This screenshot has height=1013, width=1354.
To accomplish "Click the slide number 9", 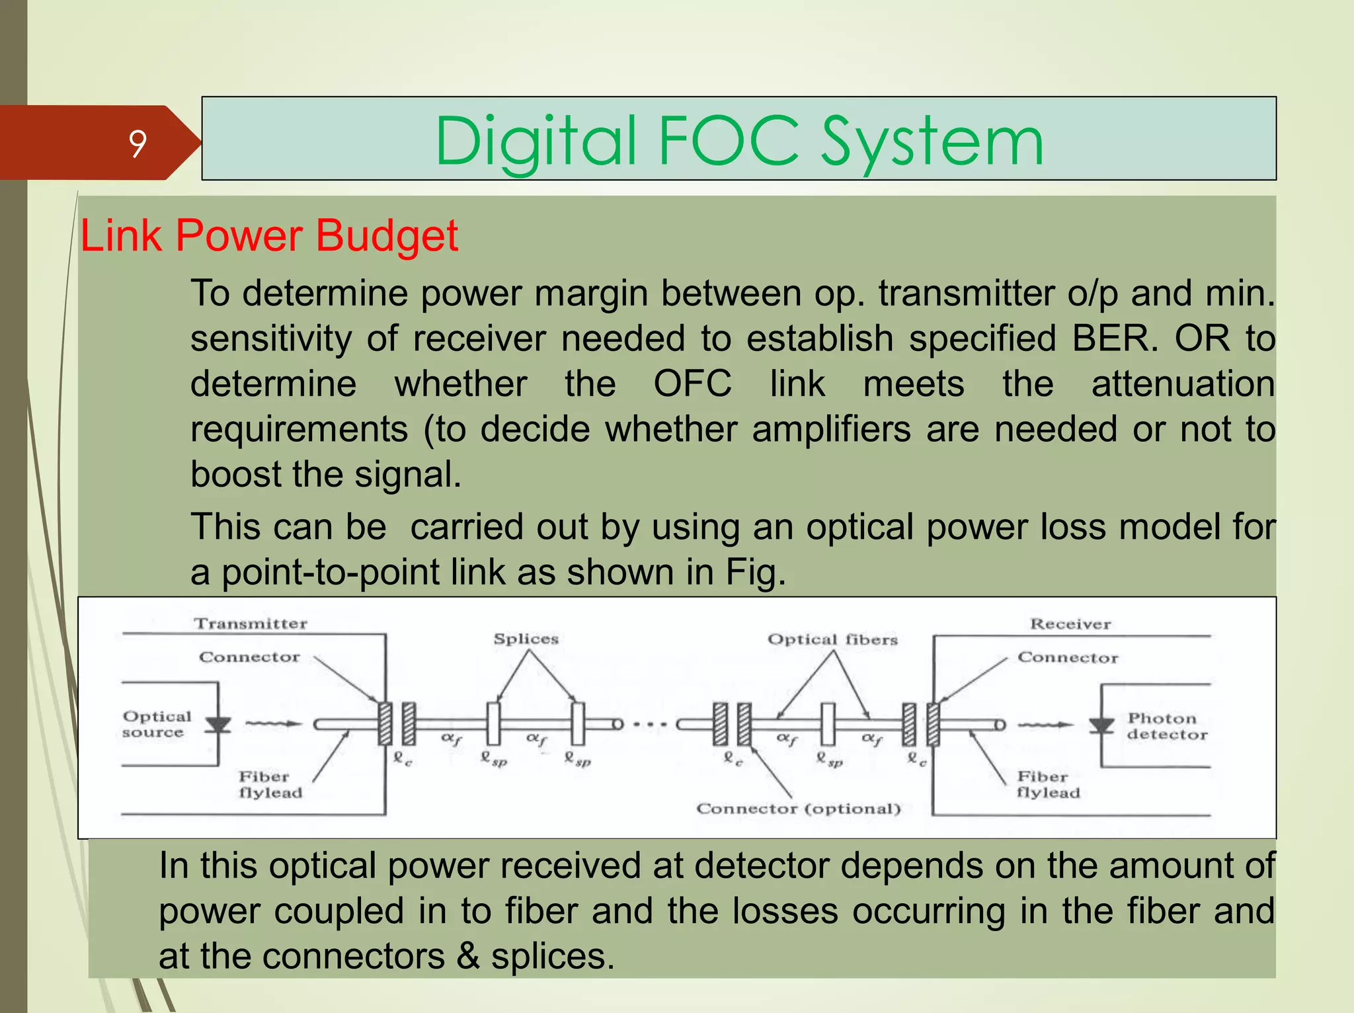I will click(x=138, y=143).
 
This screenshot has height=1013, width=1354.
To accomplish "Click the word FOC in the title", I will click(x=729, y=141).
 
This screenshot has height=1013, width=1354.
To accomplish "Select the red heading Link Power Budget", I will click(x=269, y=235).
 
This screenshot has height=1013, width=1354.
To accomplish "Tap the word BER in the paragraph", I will click(x=1114, y=339).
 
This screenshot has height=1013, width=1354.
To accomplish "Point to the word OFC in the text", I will click(x=692, y=384).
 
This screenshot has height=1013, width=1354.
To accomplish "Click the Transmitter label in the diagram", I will click(x=251, y=624).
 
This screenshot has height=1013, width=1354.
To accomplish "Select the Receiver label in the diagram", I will click(x=1070, y=624).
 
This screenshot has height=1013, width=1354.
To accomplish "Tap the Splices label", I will click(x=526, y=639).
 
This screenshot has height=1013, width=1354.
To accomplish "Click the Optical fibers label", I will click(x=832, y=639).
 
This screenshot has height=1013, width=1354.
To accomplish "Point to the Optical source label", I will click(x=156, y=725).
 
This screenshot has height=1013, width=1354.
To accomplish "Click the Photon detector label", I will click(x=1166, y=726).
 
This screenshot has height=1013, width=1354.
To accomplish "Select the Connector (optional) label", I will click(x=798, y=809).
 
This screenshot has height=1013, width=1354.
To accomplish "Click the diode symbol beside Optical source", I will click(x=218, y=725).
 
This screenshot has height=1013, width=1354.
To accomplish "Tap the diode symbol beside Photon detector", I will click(x=1101, y=725).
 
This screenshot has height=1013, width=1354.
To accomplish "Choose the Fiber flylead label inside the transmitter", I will click(x=270, y=784).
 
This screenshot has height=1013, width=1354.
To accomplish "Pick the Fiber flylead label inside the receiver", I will click(x=1047, y=784).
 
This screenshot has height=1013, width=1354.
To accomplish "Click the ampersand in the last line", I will click(x=468, y=956).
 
